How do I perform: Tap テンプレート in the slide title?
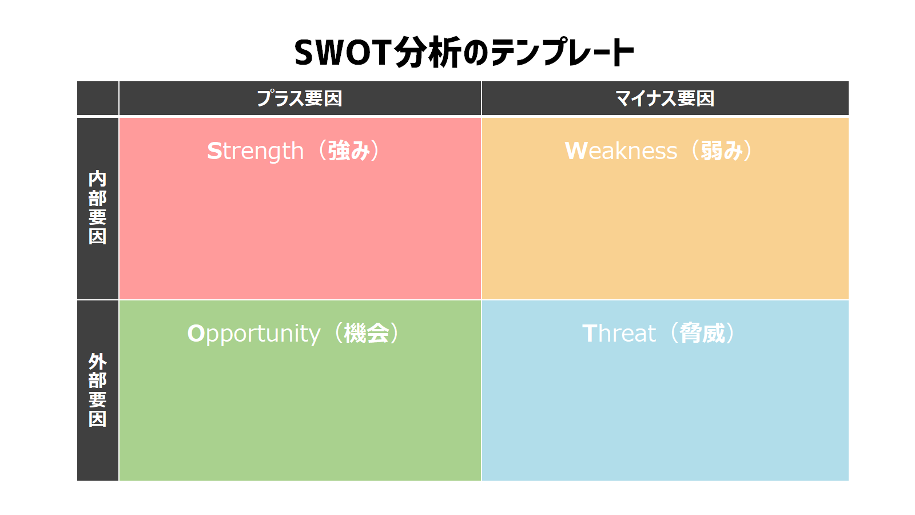(562, 52)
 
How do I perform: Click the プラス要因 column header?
(300, 98)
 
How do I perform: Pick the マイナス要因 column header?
(665, 98)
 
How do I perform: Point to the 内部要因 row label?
(98, 208)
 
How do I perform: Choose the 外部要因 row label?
(98, 390)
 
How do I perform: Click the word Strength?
(255, 151)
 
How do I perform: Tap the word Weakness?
(620, 150)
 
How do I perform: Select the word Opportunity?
(254, 334)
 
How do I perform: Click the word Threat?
(619, 333)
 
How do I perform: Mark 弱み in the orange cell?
(721, 151)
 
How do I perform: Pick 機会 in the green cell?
(367, 333)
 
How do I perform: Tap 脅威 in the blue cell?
(702, 333)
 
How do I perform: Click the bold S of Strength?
(214, 151)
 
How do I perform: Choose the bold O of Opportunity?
(196, 333)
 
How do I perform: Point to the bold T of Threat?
(590, 333)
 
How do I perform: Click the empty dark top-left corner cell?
(98, 98)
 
